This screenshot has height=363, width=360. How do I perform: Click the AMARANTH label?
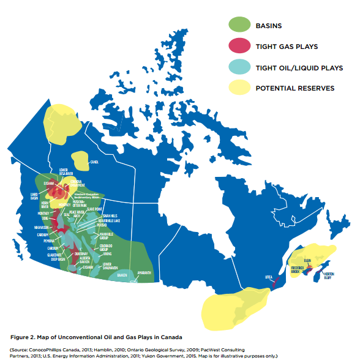point(144,273)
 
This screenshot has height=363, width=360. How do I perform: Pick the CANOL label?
point(94,162)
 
